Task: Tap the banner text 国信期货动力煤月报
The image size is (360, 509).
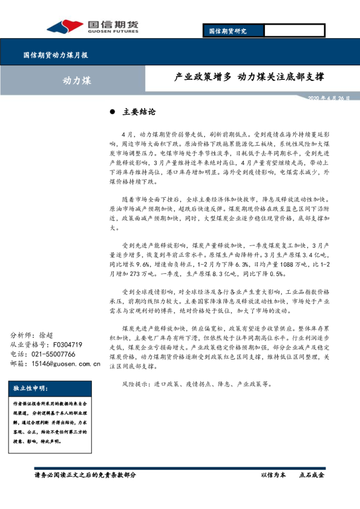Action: point(56,55)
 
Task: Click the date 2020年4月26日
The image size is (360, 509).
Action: point(329,98)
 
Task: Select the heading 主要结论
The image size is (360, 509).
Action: point(139,112)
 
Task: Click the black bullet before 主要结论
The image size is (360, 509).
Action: point(113,112)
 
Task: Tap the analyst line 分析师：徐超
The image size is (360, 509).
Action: point(36,335)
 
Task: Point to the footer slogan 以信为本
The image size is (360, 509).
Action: point(273,475)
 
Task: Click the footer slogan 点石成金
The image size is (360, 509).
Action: point(312,475)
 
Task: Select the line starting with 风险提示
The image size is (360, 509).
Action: point(197,383)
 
